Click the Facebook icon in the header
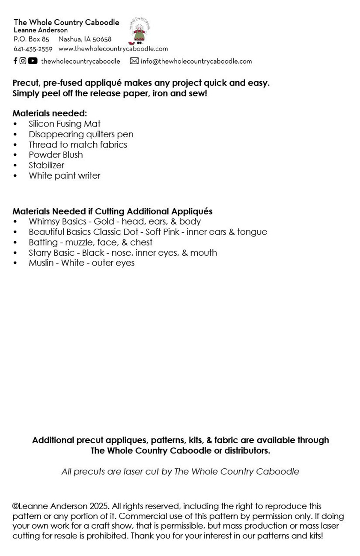(x=15, y=61)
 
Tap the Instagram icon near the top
(x=23, y=61)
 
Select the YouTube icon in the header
(x=33, y=61)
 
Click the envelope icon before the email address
(x=134, y=61)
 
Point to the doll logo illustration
(x=139, y=32)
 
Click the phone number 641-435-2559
(x=33, y=49)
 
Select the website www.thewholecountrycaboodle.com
(x=113, y=49)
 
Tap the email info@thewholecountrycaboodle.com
(x=196, y=61)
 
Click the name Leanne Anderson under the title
(x=41, y=30)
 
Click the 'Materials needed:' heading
(x=50, y=113)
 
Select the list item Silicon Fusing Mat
(x=64, y=124)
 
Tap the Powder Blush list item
(x=56, y=155)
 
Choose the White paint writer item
(x=64, y=176)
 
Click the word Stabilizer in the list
(x=46, y=165)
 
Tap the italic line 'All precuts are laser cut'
(x=180, y=472)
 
